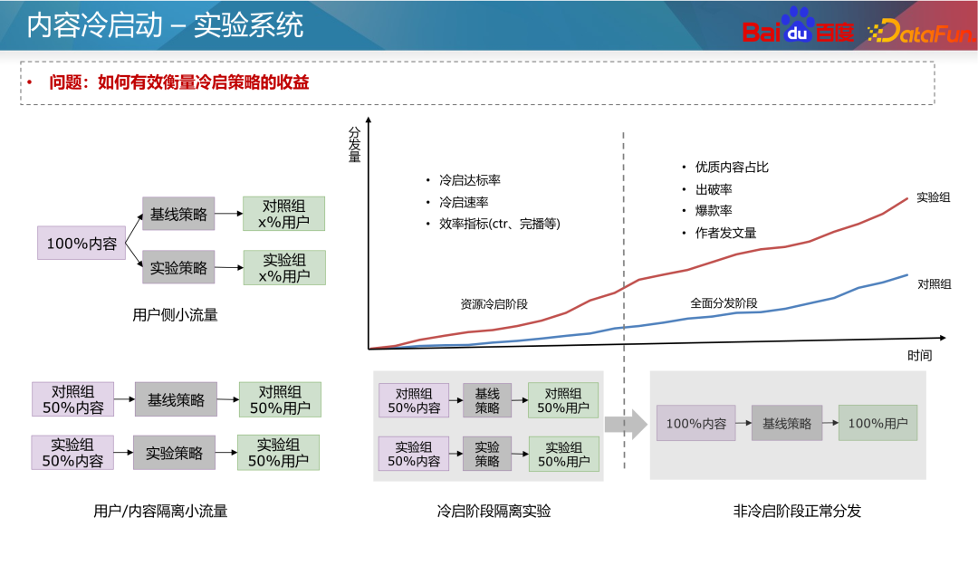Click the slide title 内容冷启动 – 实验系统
tap(164, 25)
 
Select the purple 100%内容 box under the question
tap(81, 243)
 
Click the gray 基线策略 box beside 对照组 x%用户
tap(178, 215)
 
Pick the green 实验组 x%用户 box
tap(284, 268)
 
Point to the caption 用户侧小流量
tap(175, 315)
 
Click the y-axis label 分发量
tap(354, 143)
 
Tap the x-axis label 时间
tap(919, 355)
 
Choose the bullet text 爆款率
tap(714, 211)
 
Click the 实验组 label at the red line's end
tap(934, 196)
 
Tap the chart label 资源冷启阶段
tap(494, 304)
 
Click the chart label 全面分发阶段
tap(724, 303)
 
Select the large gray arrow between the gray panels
tap(626, 424)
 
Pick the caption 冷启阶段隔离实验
tap(494, 512)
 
